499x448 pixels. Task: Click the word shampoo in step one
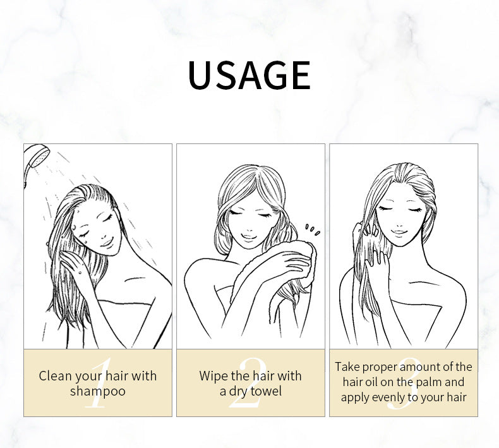click(x=97, y=391)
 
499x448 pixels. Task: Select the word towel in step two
click(x=266, y=391)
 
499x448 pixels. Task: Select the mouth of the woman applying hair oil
click(x=398, y=232)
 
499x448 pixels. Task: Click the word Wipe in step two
click(x=213, y=376)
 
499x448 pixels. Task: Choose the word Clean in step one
click(x=55, y=376)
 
